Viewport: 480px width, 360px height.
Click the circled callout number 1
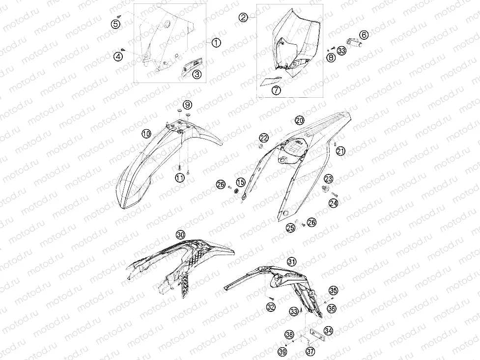217,43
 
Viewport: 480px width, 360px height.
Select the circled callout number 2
243,18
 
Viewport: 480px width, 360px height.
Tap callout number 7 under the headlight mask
276,90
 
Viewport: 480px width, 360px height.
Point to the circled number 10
146,134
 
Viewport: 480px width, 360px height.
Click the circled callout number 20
300,120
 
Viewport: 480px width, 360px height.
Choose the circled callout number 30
181,235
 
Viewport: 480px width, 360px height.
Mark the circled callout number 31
291,262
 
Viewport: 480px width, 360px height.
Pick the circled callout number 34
329,331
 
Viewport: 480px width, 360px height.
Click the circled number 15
241,182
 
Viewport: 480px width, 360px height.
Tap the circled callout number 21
340,151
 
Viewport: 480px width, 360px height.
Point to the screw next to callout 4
123,49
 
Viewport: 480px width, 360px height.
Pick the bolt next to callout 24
334,194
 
